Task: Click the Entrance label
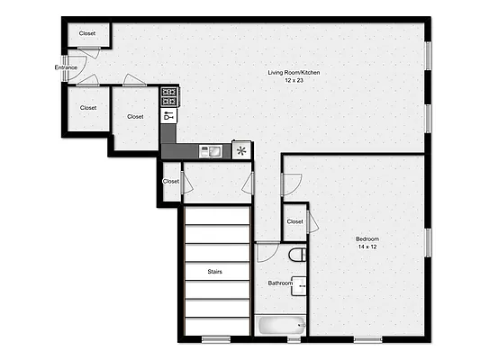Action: [x=66, y=67]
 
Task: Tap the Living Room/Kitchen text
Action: [x=294, y=73]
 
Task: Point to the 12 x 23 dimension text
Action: [x=294, y=81]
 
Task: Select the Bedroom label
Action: [x=367, y=238]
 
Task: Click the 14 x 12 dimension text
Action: [x=367, y=247]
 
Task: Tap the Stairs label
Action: [x=214, y=271]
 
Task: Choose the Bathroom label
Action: [x=280, y=283]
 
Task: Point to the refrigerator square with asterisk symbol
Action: [x=241, y=150]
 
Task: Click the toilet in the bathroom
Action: [x=299, y=255]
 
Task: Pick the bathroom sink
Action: [x=301, y=286]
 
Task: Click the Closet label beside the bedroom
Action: [x=294, y=221]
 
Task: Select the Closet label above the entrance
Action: [x=87, y=34]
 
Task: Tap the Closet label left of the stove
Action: [x=135, y=116]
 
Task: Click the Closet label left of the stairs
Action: [x=171, y=182]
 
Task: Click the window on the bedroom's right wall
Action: [x=429, y=242]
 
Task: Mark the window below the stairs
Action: [x=215, y=339]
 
